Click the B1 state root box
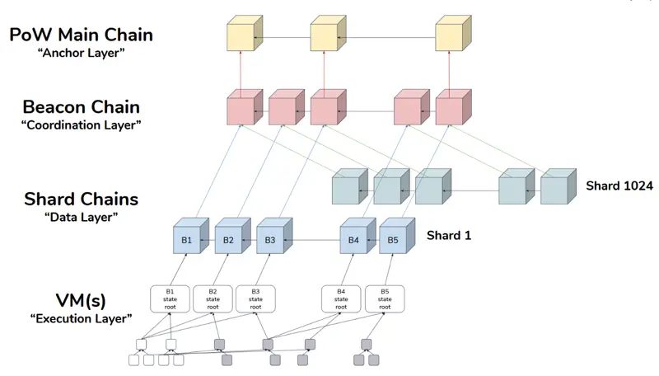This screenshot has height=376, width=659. [x=170, y=299]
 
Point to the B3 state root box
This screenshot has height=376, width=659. [x=255, y=299]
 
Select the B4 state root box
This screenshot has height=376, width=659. [x=341, y=299]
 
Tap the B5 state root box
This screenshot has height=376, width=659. [x=385, y=299]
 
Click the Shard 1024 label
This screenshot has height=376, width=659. [x=619, y=186]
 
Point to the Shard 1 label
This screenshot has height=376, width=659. [x=449, y=236]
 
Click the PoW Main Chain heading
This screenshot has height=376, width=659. [x=81, y=35]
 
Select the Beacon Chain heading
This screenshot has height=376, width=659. [x=81, y=107]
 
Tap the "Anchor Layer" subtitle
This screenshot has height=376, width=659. [x=81, y=53]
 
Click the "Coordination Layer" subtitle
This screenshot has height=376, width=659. [x=81, y=125]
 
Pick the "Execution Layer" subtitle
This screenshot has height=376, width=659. [x=81, y=318]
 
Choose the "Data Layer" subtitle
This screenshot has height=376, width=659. [x=81, y=217]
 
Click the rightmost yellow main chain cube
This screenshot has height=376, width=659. [x=453, y=33]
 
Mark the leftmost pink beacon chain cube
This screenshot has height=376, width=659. [x=245, y=107]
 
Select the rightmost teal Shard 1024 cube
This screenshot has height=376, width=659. [x=559, y=186]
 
